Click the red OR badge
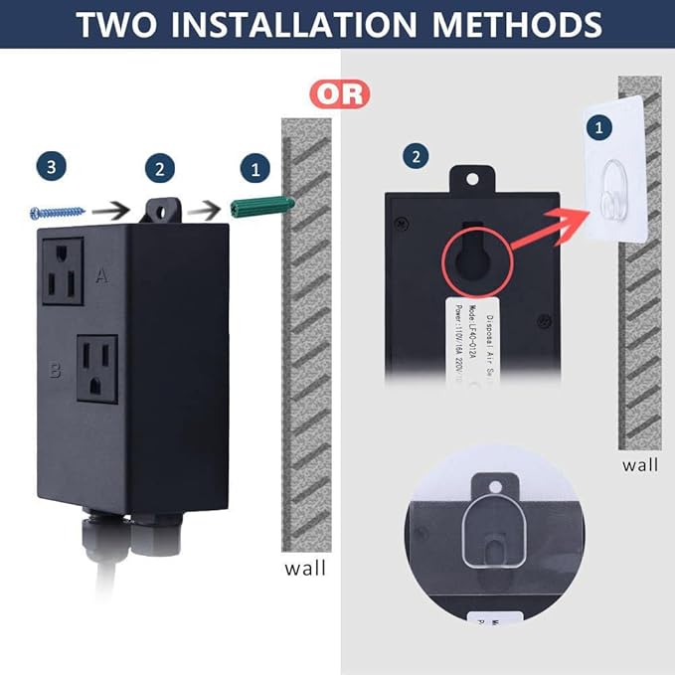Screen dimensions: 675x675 click(340, 94)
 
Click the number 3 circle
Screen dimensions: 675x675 click(52, 167)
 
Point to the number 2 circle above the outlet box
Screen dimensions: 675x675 click(159, 168)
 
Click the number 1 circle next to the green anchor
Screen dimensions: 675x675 click(254, 168)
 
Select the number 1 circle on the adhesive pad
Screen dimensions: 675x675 click(597, 127)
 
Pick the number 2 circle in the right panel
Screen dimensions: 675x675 click(415, 156)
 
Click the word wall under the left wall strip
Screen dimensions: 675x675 click(304, 569)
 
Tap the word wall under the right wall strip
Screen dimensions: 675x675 click(641, 463)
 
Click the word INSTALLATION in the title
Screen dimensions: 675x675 click(334, 24)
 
